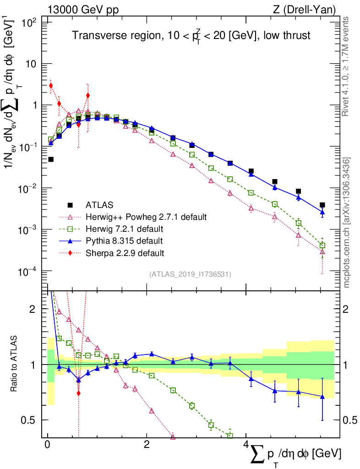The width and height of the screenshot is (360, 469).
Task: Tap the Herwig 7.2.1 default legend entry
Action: pyautogui.click(x=125, y=229)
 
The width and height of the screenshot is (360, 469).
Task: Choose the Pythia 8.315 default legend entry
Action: pyautogui.click(x=124, y=240)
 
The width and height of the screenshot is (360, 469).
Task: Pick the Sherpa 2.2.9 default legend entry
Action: pyautogui.click(x=125, y=252)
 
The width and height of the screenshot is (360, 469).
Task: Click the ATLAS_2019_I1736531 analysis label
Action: pyautogui.click(x=190, y=274)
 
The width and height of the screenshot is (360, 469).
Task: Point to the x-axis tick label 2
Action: pyautogui.click(x=147, y=445)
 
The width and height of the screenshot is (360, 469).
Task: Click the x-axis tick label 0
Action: pyautogui.click(x=48, y=445)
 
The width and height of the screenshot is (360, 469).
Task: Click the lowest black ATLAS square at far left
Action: pyautogui.click(x=51, y=159)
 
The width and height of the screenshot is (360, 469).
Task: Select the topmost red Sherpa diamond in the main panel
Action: pyautogui.click(x=51, y=86)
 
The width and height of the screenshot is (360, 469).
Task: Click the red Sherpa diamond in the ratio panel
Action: pyautogui.click(x=79, y=393)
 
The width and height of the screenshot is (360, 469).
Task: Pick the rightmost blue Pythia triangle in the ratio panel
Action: pyautogui.click(x=322, y=397)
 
